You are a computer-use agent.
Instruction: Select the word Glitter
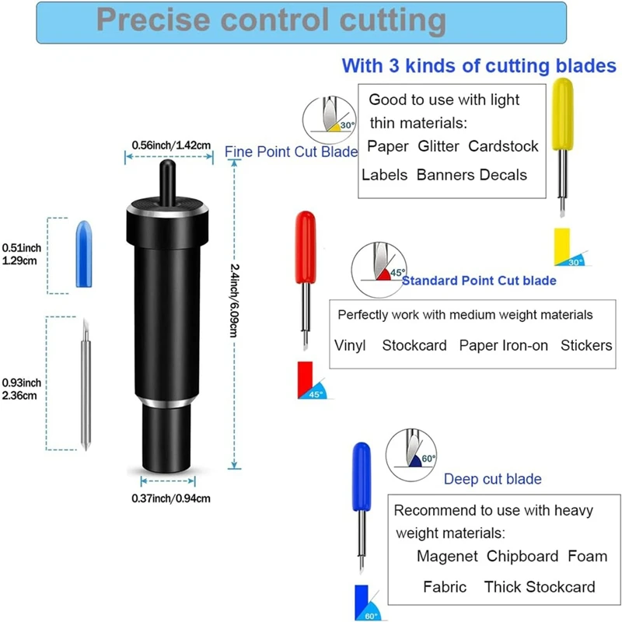tap(439, 146)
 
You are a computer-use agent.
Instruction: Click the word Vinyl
tap(350, 345)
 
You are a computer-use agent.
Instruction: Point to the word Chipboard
tap(522, 556)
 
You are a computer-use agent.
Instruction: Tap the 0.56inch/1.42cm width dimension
tap(169, 145)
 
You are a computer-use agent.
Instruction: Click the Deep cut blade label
tap(493, 479)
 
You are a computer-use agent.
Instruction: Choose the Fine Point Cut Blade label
tap(291, 152)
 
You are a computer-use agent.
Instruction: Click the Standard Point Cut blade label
tap(479, 281)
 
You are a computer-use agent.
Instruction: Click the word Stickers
tap(586, 345)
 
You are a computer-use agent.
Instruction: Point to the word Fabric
tap(446, 586)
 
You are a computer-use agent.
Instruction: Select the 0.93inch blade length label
tap(21, 389)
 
